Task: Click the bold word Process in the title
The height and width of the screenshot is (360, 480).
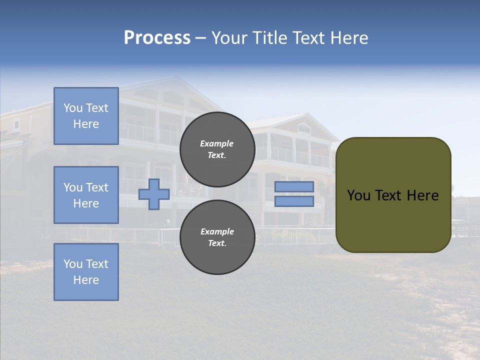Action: tap(157, 38)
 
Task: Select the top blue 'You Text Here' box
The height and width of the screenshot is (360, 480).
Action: tap(86, 116)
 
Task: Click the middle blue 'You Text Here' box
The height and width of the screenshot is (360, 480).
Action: tap(86, 195)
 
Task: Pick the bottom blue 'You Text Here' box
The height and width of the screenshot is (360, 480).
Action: tap(86, 272)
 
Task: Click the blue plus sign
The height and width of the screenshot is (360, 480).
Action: tap(154, 194)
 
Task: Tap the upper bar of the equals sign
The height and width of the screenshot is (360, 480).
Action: tap(294, 187)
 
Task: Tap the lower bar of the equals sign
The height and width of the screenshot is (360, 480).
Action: tap(294, 201)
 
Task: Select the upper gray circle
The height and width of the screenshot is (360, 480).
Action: tap(217, 149)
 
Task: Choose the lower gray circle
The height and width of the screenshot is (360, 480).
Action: tap(217, 237)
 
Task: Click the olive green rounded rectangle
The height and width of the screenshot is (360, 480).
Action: tap(393, 194)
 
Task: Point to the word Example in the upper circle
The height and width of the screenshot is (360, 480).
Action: tap(217, 143)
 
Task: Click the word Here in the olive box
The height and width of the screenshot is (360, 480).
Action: tap(422, 195)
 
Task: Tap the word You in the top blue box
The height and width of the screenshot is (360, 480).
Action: tap(72, 108)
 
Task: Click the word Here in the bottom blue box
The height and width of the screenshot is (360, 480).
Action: tap(86, 280)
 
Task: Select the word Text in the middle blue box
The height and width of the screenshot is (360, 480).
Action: tap(97, 187)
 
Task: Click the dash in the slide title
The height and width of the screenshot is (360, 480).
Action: tap(200, 38)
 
